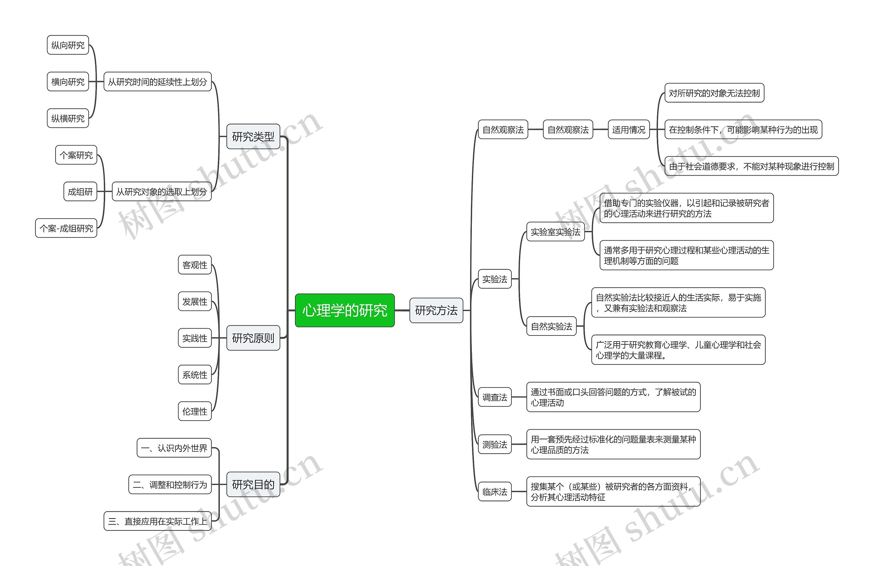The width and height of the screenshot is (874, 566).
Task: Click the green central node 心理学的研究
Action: pyautogui.click(x=344, y=310)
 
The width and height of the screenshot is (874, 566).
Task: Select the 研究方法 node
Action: pyautogui.click(x=436, y=310)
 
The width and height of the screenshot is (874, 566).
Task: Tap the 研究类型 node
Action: pyautogui.click(x=253, y=137)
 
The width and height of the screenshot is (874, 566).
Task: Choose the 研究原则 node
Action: pyautogui.click(x=253, y=338)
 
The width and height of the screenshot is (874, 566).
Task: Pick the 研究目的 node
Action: pyautogui.click(x=253, y=484)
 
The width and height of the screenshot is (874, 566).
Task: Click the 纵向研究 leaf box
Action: pyautogui.click(x=68, y=45)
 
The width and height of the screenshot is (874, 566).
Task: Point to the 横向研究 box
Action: pyautogui.click(x=68, y=82)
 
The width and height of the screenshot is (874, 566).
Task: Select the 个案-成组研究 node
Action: pyautogui.click(x=66, y=228)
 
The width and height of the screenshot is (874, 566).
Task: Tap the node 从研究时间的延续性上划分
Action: pyautogui.click(x=157, y=82)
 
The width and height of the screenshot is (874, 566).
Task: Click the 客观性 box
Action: pyautogui.click(x=195, y=265)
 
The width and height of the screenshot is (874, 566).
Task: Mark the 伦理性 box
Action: pyautogui.click(x=195, y=411)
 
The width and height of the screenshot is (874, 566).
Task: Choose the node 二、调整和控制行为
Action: pyautogui.click(x=170, y=484)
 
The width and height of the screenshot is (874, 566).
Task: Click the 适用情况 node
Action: pyautogui.click(x=628, y=129)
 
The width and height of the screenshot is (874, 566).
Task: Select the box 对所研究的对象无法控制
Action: pyautogui.click(x=714, y=93)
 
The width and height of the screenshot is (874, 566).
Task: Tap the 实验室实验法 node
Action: pyautogui.click(x=555, y=232)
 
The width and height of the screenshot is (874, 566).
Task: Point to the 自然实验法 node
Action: pyautogui.click(x=551, y=326)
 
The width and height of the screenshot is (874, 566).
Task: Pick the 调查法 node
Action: pyautogui.click(x=495, y=397)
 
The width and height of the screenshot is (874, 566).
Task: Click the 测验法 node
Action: pyautogui.click(x=495, y=444)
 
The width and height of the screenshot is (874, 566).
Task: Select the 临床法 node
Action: pyautogui.click(x=495, y=492)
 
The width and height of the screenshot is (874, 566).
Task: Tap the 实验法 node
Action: pyautogui.click(x=495, y=279)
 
